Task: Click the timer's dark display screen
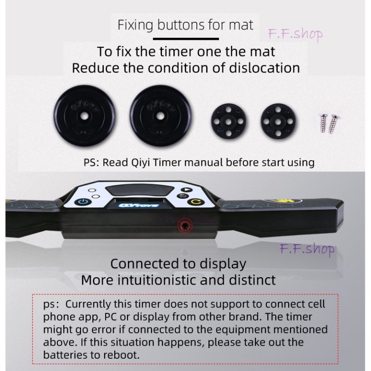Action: pyautogui.click(x=140, y=190)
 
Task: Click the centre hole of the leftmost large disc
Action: pyautogui.click(x=84, y=116)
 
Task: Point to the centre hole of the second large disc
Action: pyautogui.click(x=160, y=116)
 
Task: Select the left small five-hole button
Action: pyautogui.click(x=228, y=121)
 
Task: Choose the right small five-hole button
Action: pyautogui.click(x=278, y=121)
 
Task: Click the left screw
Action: pyautogui.click(x=323, y=123)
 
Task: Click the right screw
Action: pyautogui.click(x=334, y=123)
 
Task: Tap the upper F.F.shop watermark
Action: pyautogui.click(x=295, y=35)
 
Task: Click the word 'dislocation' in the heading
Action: pyautogui.click(x=264, y=68)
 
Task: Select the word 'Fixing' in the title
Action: pyautogui.click(x=136, y=26)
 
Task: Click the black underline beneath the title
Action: pyautogui.click(x=186, y=39)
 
